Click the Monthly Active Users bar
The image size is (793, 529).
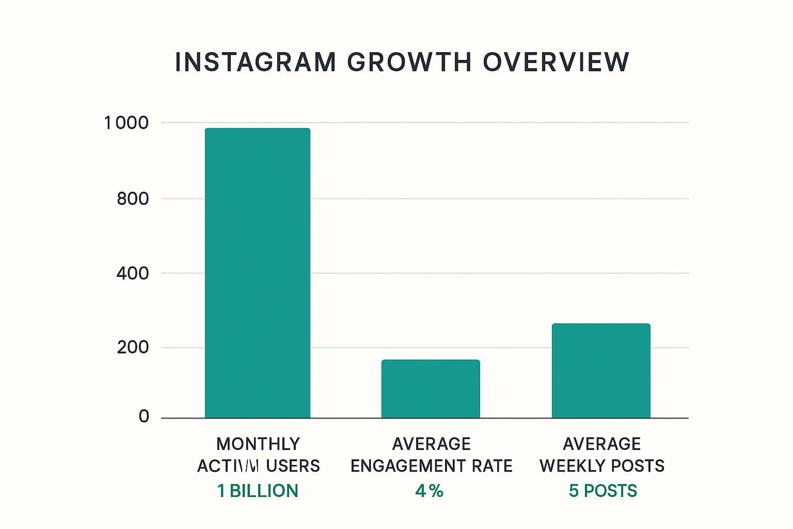click(x=258, y=273)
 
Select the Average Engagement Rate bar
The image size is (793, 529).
click(x=431, y=388)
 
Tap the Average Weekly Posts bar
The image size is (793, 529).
click(x=601, y=370)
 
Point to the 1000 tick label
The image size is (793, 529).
click(x=126, y=123)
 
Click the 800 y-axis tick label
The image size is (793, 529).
click(x=133, y=198)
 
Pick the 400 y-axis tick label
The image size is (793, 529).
click(x=133, y=273)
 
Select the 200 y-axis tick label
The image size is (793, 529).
click(x=133, y=347)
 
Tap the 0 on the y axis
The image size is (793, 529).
click(x=144, y=416)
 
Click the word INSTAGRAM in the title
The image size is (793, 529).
click(x=256, y=63)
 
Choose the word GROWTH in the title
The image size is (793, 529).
click(x=409, y=63)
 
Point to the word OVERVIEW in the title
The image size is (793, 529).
click(x=556, y=63)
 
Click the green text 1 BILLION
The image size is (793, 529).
click(x=258, y=491)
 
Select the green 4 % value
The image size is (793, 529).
click(x=429, y=491)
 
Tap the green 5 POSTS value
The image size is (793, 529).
click(x=602, y=491)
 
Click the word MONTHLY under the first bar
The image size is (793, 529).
click(x=258, y=444)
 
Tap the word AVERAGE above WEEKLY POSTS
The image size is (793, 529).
click(x=602, y=444)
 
